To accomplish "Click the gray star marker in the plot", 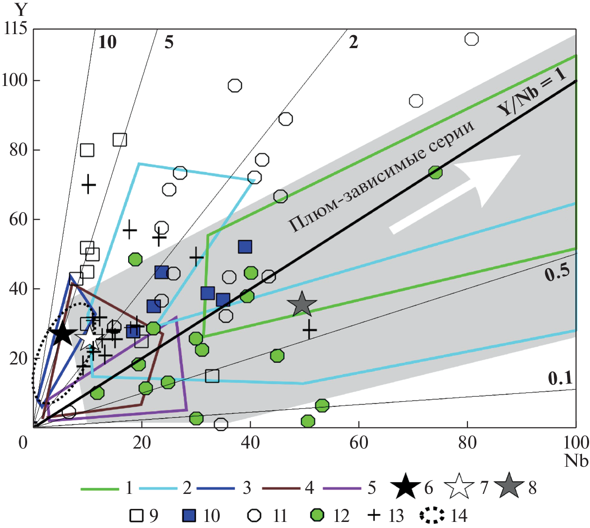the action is pos(302,305).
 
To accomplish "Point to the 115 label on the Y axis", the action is pos(14,29).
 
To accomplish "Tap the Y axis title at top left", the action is pos(21,10).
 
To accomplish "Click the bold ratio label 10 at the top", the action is pos(108,42).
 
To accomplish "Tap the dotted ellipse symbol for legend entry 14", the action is pos(432,515).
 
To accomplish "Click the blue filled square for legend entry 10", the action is pos(189,515).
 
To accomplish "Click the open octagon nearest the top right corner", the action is pos(471,39).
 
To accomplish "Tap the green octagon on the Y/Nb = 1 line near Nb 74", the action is pos(435,172).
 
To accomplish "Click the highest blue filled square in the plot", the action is pos(245,247).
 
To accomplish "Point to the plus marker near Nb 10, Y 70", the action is pos(88,184).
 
